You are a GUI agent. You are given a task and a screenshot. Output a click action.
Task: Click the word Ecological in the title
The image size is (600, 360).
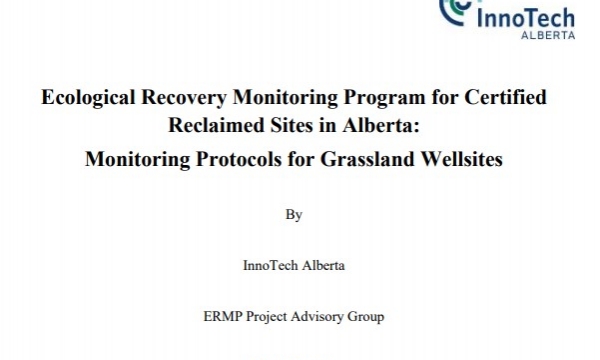[x=83, y=100]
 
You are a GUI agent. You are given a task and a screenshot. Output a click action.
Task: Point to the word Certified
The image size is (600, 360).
[x=505, y=100]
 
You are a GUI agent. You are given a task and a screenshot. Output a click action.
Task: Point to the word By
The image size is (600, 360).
[x=293, y=214]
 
